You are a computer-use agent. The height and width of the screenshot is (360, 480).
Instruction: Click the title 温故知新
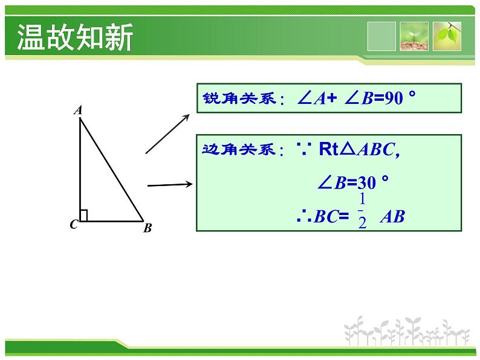75,37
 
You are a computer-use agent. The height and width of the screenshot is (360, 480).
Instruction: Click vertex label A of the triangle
79,110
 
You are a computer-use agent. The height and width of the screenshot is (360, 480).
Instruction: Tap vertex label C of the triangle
74,225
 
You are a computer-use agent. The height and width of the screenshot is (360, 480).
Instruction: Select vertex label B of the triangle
148,228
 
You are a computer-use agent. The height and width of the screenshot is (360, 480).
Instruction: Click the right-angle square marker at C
83,215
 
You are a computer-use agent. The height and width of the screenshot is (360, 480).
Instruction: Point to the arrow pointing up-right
167,134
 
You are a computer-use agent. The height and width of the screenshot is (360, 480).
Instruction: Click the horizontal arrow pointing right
170,185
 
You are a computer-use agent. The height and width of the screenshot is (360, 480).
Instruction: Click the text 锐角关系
239,98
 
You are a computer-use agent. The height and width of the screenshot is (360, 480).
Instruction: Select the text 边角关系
239,150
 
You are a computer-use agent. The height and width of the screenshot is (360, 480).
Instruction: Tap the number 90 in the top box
394,98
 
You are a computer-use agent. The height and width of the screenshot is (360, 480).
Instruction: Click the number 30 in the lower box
366,183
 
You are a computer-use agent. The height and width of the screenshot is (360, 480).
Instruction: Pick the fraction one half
362,211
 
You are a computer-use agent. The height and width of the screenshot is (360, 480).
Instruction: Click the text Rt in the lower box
329,149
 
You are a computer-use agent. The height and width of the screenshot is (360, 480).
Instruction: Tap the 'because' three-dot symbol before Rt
304,149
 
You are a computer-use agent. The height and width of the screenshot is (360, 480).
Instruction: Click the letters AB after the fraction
392,217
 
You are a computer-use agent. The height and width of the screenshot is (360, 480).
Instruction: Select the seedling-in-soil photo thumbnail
414,36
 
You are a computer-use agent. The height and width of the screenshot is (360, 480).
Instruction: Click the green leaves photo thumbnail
447,36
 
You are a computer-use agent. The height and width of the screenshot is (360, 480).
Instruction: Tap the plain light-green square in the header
381,36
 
